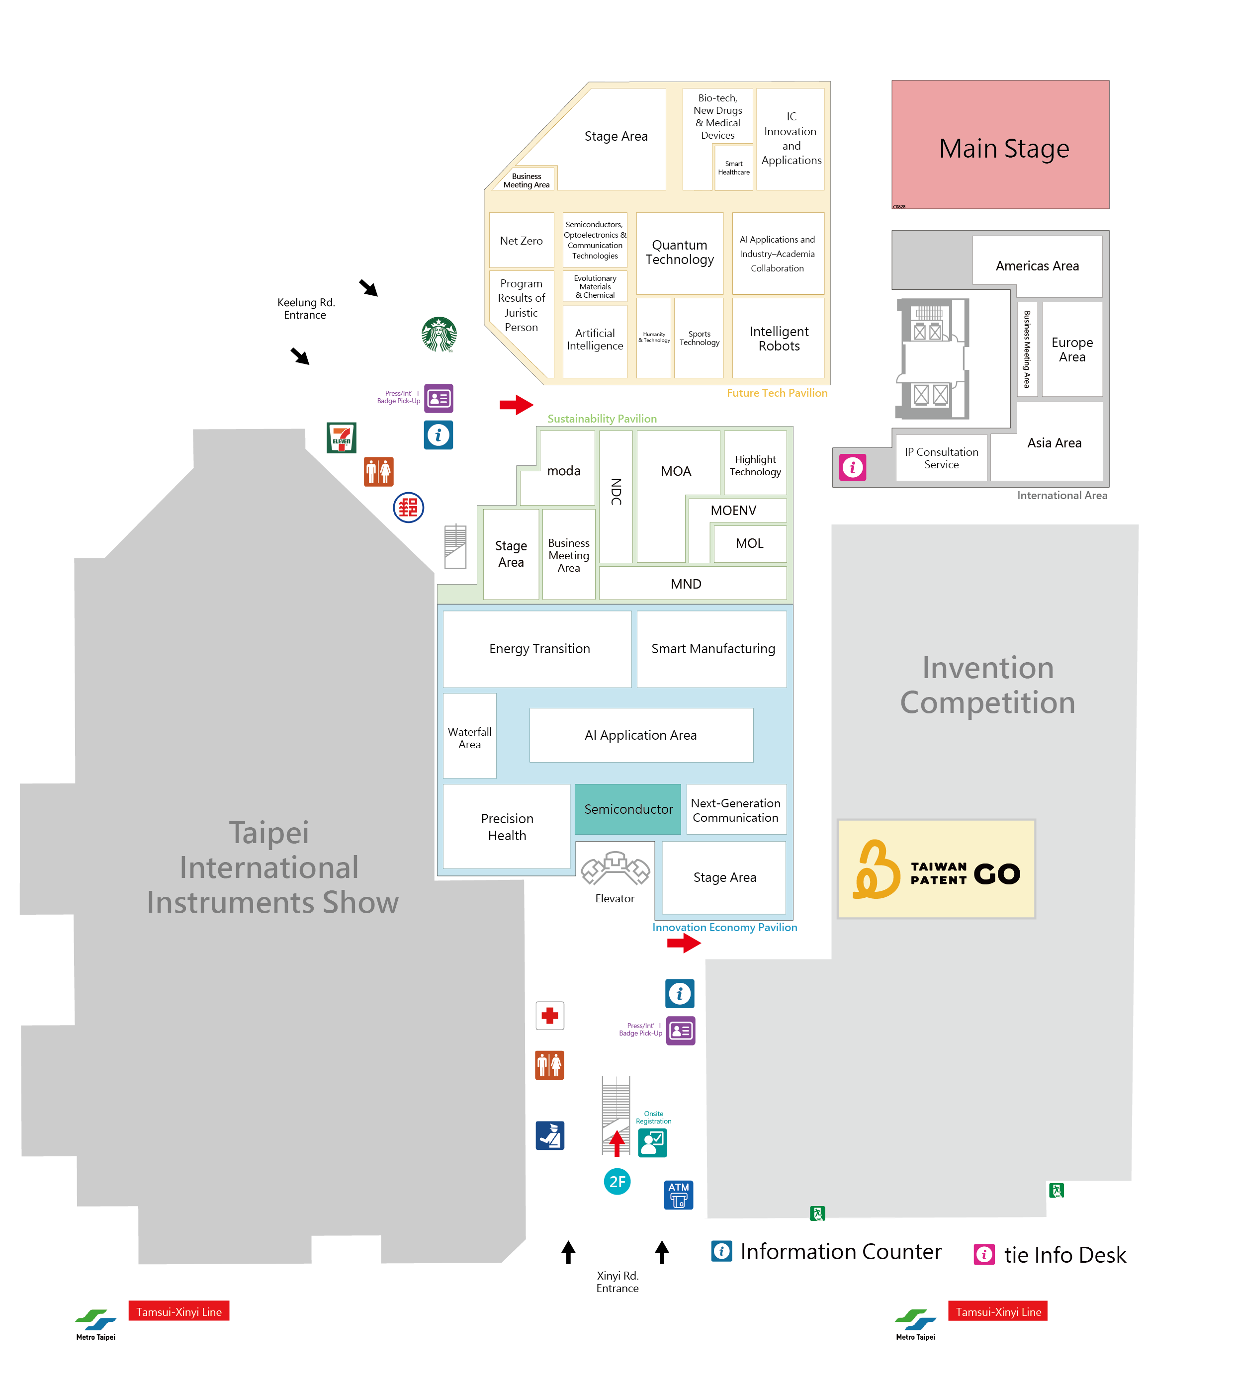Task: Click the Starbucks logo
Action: click(x=439, y=334)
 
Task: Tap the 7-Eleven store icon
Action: click(x=342, y=437)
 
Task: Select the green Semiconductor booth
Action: click(x=628, y=809)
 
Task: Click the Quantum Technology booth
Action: click(x=680, y=253)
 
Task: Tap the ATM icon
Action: click(x=678, y=1195)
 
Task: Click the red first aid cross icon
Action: click(x=549, y=1016)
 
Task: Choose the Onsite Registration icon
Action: click(x=652, y=1143)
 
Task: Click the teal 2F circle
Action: click(x=617, y=1182)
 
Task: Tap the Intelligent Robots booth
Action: click(x=779, y=338)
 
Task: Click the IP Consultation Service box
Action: click(x=941, y=458)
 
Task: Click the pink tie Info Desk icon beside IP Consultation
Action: click(x=852, y=467)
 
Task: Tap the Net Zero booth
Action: click(x=521, y=241)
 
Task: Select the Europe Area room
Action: click(x=1072, y=349)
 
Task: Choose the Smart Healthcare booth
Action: click(x=734, y=168)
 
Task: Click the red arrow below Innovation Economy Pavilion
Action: click(x=683, y=943)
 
